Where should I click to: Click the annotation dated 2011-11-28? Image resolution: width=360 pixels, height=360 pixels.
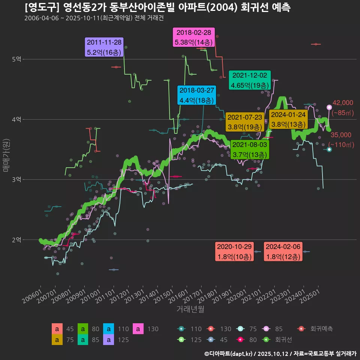tap(104, 47)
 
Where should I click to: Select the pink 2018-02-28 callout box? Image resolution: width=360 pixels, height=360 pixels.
tap(194, 37)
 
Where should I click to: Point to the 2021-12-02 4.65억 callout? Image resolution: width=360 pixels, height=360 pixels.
tap(249, 80)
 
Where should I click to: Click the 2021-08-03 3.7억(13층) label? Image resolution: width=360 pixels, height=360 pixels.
tap(249, 149)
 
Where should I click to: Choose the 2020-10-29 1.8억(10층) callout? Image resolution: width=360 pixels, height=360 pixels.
tap(234, 252)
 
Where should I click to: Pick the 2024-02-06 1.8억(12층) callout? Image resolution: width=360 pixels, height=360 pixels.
tap(283, 252)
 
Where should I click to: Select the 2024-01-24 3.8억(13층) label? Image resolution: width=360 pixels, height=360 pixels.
tap(288, 119)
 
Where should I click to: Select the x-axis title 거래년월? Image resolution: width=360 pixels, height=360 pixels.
tap(190, 309)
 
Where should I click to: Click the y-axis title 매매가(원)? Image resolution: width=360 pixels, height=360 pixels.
tap(6, 155)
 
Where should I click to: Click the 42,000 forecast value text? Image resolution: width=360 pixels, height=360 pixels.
tap(343, 103)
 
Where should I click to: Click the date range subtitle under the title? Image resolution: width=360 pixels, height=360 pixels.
tap(94, 18)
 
